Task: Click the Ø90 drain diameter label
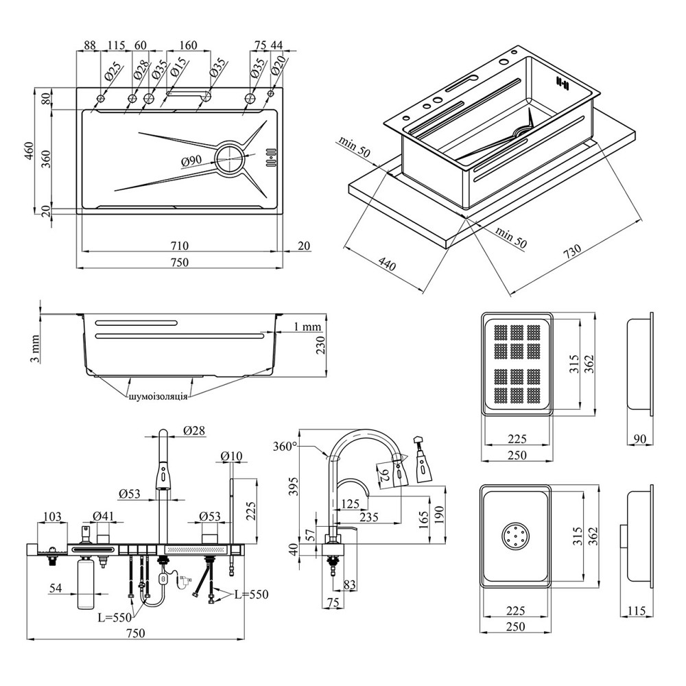click(x=191, y=161)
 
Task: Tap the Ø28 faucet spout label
click(x=195, y=431)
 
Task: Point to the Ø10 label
click(x=232, y=456)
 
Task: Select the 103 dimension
click(x=52, y=516)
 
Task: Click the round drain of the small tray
click(x=515, y=536)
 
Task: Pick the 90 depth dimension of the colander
click(x=639, y=438)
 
